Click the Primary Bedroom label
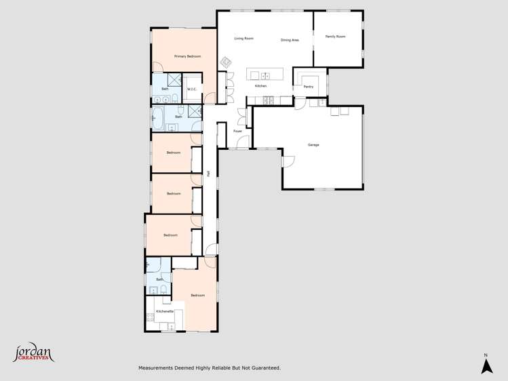tap(187, 56)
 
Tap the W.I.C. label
tap(192, 89)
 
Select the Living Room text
tap(243, 39)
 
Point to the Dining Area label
tap(290, 41)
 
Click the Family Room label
tap(335, 37)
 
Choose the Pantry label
tap(308, 87)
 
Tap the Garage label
tap(313, 145)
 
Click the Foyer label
tap(237, 131)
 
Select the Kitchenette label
tap(165, 311)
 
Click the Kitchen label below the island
tap(260, 86)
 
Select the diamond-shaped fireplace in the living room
tap(226, 62)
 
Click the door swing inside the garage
tap(288, 161)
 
